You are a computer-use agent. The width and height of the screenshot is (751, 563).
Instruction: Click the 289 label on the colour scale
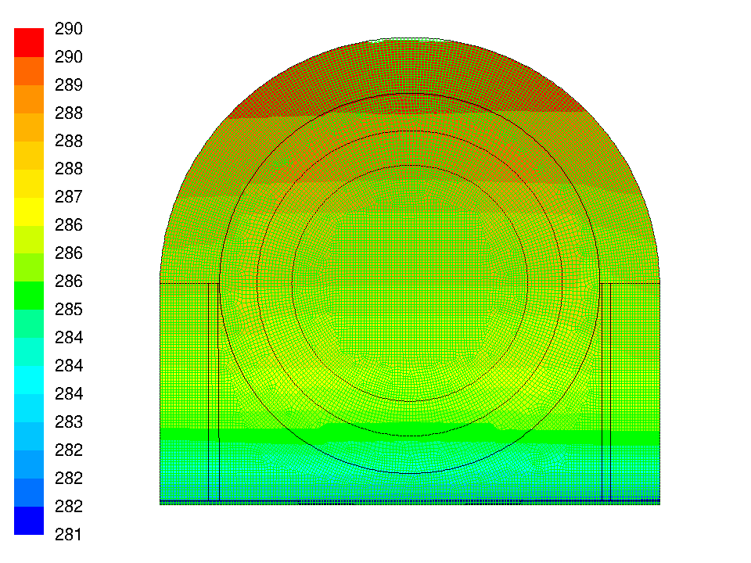[69, 84]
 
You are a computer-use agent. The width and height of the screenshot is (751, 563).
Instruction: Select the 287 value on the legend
[69, 197]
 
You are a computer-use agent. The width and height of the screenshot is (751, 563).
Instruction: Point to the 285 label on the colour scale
[69, 310]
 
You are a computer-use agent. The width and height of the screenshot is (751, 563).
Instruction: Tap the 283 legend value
[69, 421]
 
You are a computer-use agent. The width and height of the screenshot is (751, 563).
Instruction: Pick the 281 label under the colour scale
[69, 534]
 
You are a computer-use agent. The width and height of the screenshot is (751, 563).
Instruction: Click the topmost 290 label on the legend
[69, 29]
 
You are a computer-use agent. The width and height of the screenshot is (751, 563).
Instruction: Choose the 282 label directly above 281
[69, 506]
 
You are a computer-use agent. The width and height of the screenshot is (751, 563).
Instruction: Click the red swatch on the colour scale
[29, 42]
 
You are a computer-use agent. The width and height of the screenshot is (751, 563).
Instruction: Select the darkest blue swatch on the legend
[29, 521]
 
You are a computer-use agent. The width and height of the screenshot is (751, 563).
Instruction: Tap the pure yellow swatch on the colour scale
[29, 211]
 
